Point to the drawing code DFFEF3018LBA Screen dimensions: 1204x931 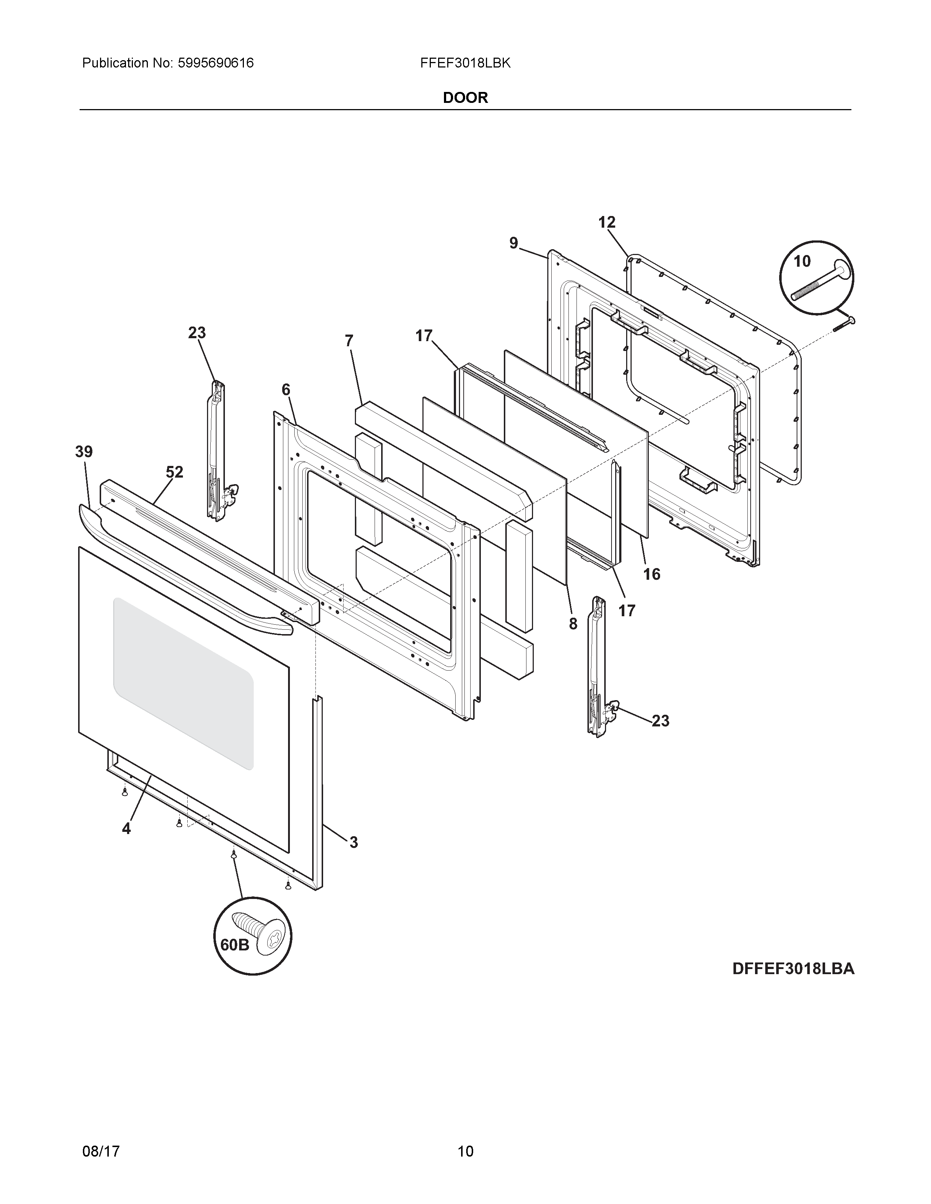click(793, 969)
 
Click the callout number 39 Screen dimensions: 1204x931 click(84, 452)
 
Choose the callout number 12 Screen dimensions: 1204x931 click(607, 222)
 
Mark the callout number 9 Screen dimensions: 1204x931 click(513, 243)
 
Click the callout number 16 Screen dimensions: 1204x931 click(651, 574)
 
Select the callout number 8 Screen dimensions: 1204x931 click(573, 624)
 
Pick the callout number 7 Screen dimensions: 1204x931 click(349, 341)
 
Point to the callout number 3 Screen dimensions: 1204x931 click(353, 842)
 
